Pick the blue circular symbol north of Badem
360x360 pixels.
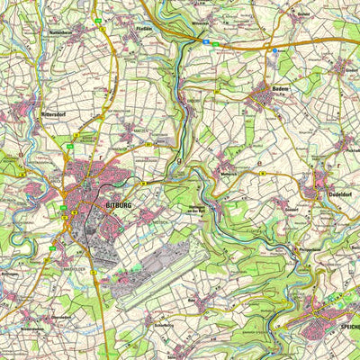[274, 53]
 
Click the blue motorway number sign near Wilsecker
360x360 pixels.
[206, 40]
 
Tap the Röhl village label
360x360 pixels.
[191, 292]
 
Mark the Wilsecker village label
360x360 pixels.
[199, 25]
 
